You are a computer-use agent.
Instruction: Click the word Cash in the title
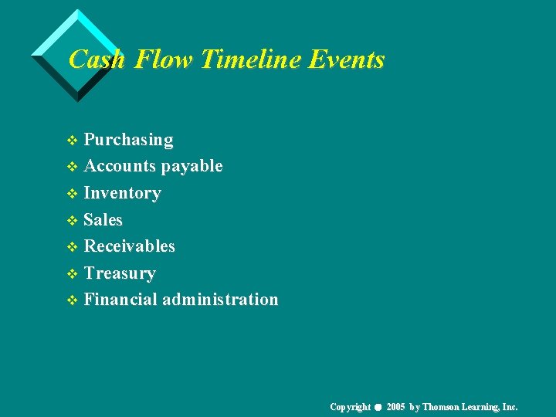(97, 59)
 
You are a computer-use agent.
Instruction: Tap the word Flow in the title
(164, 59)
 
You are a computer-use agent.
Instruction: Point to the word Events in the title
(345, 59)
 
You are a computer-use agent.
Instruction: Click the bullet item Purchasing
(128, 140)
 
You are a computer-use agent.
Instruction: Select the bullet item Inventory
(122, 193)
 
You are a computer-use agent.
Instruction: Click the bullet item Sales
(103, 220)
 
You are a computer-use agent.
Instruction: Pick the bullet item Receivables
(129, 246)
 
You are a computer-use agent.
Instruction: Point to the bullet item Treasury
(120, 273)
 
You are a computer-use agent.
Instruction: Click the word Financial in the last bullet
(120, 300)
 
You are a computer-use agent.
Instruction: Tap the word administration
(220, 300)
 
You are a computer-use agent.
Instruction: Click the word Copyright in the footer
(350, 407)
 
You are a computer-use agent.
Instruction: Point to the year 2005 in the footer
(395, 407)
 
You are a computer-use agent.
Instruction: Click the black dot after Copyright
(377, 408)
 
